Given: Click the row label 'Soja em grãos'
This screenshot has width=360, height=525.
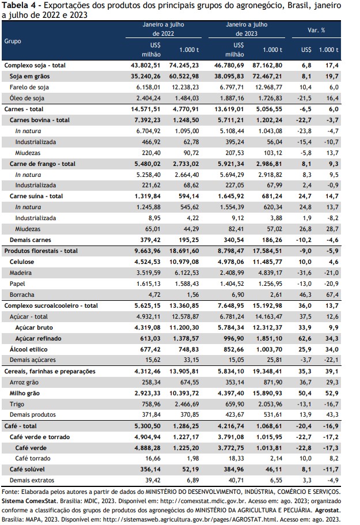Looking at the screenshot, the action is pyautogui.click(x=29, y=76).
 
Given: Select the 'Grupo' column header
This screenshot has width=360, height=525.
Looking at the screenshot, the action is pyautogui.click(x=13, y=41).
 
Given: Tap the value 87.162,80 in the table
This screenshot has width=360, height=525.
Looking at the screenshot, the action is pyautogui.click(x=267, y=65).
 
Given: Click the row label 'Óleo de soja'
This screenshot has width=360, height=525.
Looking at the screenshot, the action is pyautogui.click(x=26, y=98).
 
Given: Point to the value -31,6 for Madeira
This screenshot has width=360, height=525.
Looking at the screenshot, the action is pyautogui.click(x=304, y=273).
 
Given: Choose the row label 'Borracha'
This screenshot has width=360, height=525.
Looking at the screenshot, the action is pyautogui.click(x=22, y=294).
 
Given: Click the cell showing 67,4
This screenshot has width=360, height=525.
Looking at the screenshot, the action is pyautogui.click(x=332, y=294).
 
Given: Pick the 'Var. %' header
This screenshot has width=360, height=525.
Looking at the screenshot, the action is pyautogui.click(x=316, y=30).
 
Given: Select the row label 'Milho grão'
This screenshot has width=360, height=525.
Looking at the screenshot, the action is pyautogui.click(x=24, y=393).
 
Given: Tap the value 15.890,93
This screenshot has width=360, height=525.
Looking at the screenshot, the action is pyautogui.click(x=267, y=393).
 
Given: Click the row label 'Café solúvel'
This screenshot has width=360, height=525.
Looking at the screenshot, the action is pyautogui.click(x=27, y=469).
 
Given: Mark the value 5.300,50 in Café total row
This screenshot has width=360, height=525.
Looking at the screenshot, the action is pyautogui.click(x=147, y=426).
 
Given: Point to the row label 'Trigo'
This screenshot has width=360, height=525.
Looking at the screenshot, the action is pyautogui.click(x=17, y=404).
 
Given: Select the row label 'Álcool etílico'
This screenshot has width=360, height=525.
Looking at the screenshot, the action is pyautogui.click(x=28, y=349).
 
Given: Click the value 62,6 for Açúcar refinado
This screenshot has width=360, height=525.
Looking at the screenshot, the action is pyautogui.click(x=305, y=338).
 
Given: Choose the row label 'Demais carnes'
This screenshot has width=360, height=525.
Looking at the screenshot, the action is pyautogui.click(x=31, y=240).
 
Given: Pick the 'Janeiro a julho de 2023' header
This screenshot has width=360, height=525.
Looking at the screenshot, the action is pyautogui.click(x=247, y=29).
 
